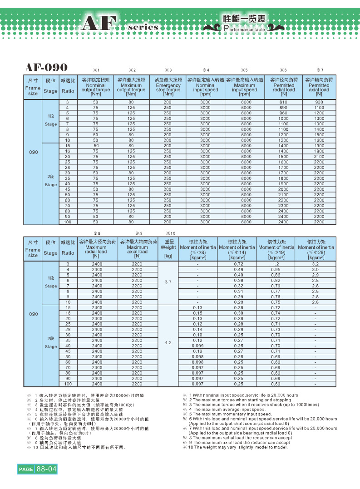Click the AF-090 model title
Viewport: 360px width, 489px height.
click(46, 68)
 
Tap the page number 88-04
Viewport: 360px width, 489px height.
click(47, 468)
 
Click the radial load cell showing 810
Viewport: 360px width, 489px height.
click(284, 102)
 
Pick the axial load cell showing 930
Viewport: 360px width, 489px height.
click(319, 102)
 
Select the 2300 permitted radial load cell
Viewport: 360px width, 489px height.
click(284, 206)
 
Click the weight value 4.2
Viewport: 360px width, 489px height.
click(168, 343)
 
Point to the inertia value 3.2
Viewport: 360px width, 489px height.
click(315, 264)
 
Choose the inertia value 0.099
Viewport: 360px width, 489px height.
click(197, 346)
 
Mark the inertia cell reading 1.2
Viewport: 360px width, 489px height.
click(276, 264)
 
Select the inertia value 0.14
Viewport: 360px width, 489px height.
click(197, 329)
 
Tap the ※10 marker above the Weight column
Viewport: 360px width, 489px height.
click(168, 233)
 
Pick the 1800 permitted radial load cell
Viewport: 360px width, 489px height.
click(284, 178)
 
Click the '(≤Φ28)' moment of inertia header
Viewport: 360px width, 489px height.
click(315, 252)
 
